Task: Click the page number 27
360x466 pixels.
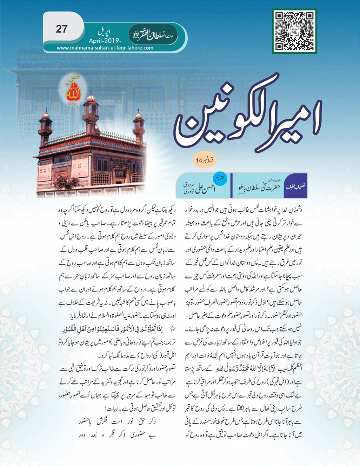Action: tap(61, 29)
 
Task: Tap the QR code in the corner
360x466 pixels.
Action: tap(294, 31)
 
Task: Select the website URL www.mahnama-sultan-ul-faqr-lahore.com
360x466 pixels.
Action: tap(105, 48)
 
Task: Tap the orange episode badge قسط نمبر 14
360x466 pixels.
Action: tap(205, 160)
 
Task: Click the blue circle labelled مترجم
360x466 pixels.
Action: tap(220, 178)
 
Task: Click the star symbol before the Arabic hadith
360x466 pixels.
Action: tap(173, 329)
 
